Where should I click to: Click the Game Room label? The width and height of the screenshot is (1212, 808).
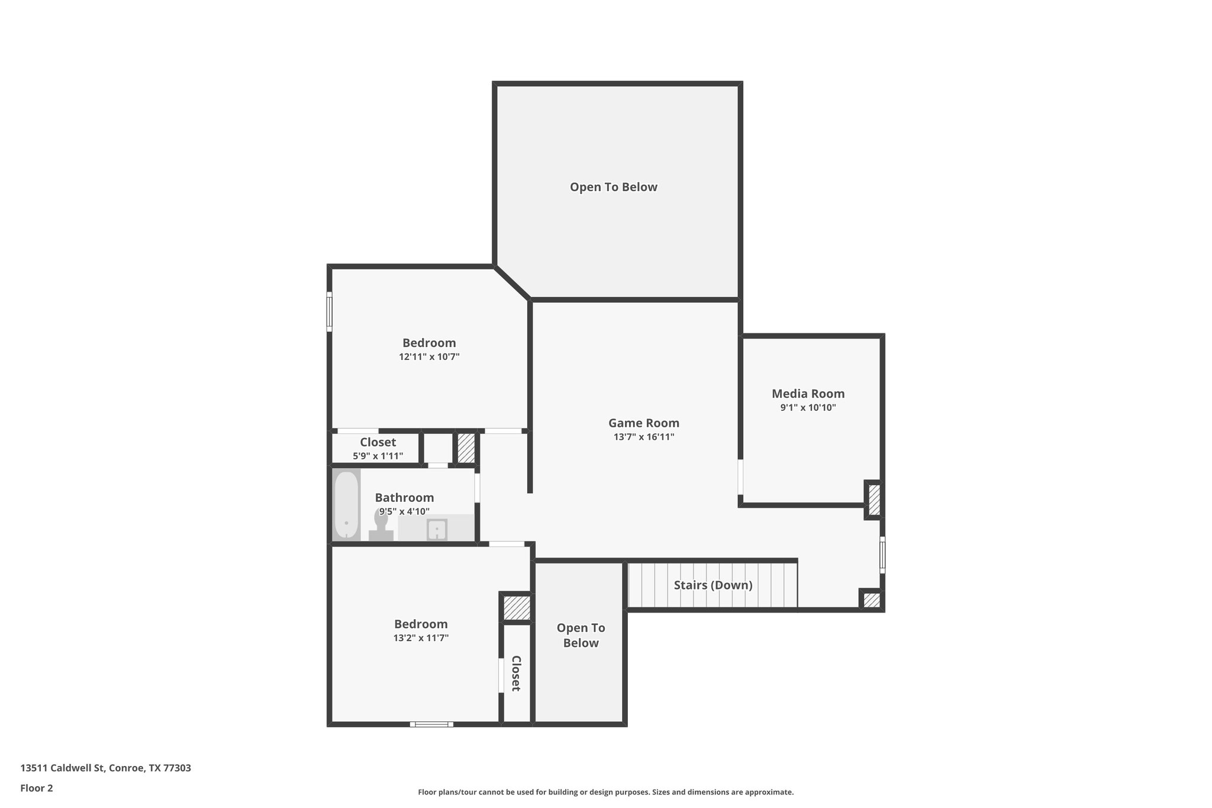pyautogui.click(x=643, y=423)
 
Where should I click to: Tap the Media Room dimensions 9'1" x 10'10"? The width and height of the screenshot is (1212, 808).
pyautogui.click(x=808, y=407)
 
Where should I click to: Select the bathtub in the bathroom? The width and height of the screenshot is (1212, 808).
pyautogui.click(x=346, y=504)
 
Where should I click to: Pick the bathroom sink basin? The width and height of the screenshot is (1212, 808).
pyautogui.click(x=437, y=529)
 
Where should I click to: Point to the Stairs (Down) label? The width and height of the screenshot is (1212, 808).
pyautogui.click(x=713, y=585)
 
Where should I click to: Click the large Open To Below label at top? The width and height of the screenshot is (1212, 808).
pyautogui.click(x=613, y=187)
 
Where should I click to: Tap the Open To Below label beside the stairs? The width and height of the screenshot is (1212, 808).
pyautogui.click(x=581, y=635)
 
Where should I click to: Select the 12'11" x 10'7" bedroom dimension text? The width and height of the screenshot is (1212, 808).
pyautogui.click(x=429, y=357)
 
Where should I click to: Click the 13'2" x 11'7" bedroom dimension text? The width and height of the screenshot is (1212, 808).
pyautogui.click(x=421, y=638)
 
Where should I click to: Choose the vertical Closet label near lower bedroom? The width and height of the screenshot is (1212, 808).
pyautogui.click(x=516, y=673)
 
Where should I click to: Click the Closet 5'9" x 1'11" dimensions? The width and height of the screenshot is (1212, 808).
pyautogui.click(x=378, y=456)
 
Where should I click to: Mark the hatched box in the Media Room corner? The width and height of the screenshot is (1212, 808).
pyautogui.click(x=874, y=500)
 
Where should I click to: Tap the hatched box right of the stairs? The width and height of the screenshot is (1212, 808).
pyautogui.click(x=871, y=600)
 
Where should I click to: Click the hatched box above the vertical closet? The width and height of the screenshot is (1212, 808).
pyautogui.click(x=516, y=607)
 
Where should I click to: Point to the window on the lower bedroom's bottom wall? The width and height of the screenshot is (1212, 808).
pyautogui.click(x=431, y=724)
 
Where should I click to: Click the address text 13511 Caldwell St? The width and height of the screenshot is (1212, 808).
pyautogui.click(x=105, y=768)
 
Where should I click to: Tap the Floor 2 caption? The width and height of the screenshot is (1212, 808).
pyautogui.click(x=37, y=788)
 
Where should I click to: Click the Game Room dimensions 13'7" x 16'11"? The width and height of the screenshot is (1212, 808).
pyautogui.click(x=643, y=437)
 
